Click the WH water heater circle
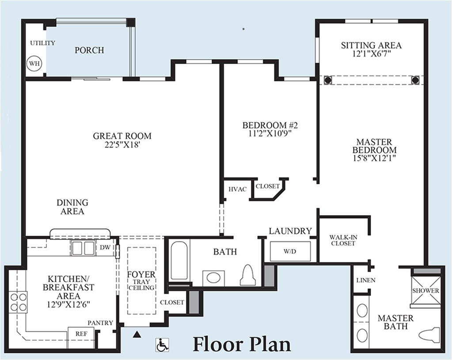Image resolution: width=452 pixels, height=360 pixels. [34, 63]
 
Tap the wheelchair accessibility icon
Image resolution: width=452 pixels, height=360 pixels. [162, 345]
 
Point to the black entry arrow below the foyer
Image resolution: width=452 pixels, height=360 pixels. [137, 334]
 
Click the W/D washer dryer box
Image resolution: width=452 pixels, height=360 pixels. [290, 251]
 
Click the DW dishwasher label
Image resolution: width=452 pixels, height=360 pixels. [105, 247]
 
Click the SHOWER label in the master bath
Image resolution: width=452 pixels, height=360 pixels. [425, 291]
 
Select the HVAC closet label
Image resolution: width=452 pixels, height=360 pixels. [238, 189]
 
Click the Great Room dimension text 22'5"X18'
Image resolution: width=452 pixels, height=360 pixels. [122, 145]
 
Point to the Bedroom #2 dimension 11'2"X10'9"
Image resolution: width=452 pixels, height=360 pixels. [270, 133]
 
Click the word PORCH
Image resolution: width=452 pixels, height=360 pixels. [89, 50]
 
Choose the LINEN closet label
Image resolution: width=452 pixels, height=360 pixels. [365, 280]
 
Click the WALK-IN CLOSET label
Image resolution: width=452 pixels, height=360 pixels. [343, 240]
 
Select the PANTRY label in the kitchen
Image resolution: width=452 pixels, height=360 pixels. [100, 323]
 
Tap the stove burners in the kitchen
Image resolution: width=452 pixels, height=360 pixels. [18, 302]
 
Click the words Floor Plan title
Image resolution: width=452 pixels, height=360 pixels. [242, 344]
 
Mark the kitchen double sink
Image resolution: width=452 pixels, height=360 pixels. [83, 248]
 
